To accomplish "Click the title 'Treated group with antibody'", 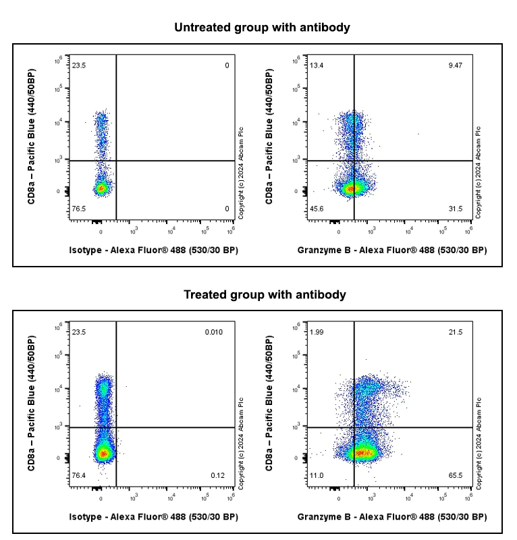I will pos(265,295).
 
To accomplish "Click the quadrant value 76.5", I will pos(79,209).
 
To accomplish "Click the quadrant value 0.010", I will pos(214,333).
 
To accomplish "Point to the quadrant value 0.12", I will pos(217,476).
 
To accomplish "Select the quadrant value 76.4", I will pos(79,476).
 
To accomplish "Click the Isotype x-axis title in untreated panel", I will pos(154,250).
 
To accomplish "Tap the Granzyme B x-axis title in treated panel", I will pos(391,517).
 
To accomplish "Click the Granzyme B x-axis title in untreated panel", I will pos(391,250).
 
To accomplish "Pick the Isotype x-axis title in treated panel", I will pos(154,517).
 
